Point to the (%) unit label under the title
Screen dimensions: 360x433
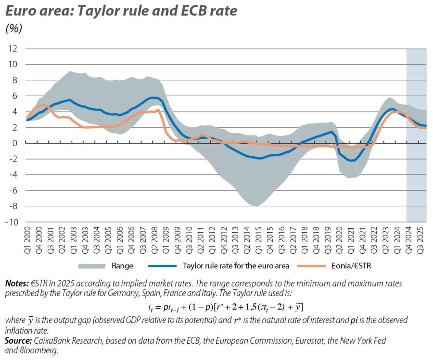pos(14,28)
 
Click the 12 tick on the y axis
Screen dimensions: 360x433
pos(13,49)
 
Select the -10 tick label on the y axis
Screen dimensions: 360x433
pos(12,222)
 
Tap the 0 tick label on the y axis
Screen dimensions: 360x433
pos(15,143)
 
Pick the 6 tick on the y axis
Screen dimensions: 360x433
pos(15,96)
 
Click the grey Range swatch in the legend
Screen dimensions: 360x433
pos(91,265)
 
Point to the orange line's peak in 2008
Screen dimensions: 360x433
pos(158,110)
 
